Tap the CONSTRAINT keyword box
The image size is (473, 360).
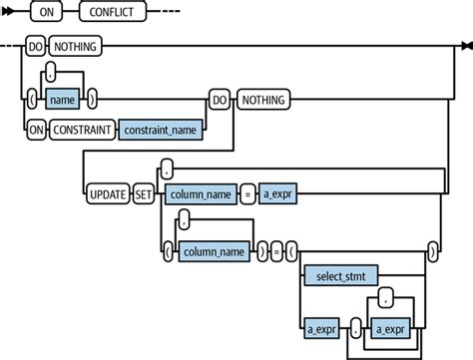click(x=81, y=128)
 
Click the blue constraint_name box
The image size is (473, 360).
click(x=159, y=128)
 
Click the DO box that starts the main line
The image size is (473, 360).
click(x=33, y=45)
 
